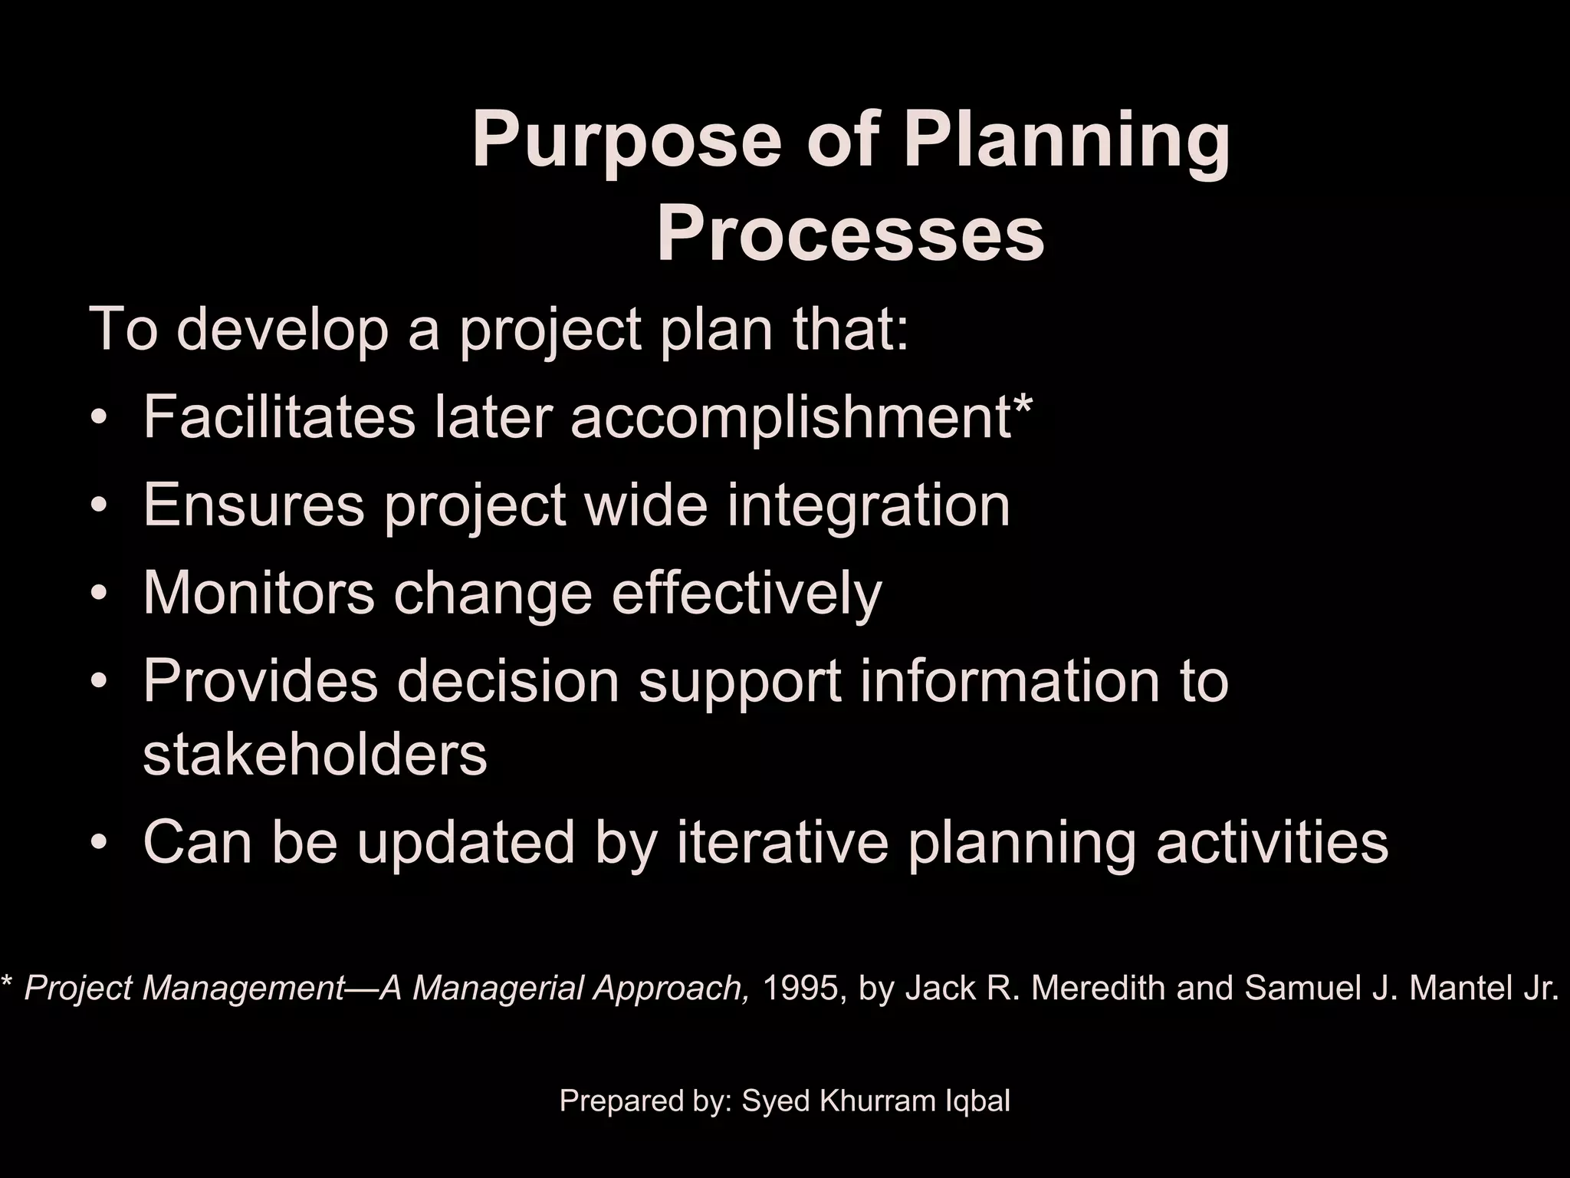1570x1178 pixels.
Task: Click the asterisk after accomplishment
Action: pyautogui.click(x=1023, y=406)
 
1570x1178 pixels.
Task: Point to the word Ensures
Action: pyautogui.click(x=254, y=505)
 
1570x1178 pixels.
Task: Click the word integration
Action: pyautogui.click(x=869, y=505)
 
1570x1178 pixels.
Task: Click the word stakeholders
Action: pyautogui.click(x=315, y=755)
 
